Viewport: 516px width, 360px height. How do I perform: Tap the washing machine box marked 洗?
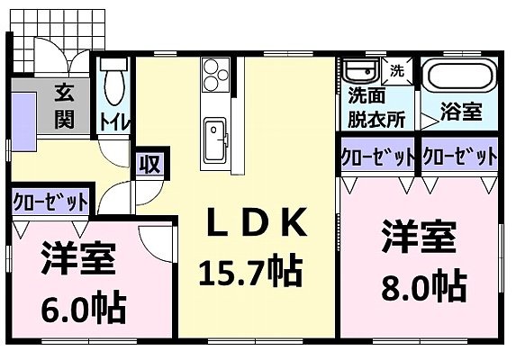tap(396, 68)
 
